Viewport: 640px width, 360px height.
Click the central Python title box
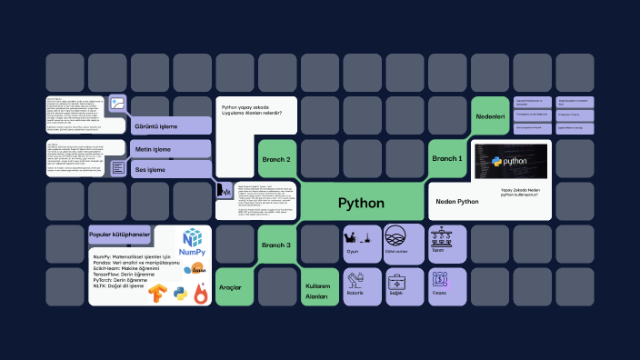[x=361, y=202]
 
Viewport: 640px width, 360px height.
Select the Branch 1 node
[x=447, y=158]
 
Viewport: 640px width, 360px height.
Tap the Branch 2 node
[x=276, y=159]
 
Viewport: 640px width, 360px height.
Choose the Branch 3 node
[x=276, y=245]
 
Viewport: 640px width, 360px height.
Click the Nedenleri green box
[x=490, y=116]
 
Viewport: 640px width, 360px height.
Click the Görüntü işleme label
[x=156, y=126]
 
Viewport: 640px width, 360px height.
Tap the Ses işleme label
[x=151, y=169]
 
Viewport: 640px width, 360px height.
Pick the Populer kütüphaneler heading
[x=119, y=235]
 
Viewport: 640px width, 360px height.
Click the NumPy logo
[x=192, y=242]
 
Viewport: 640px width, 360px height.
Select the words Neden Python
[x=457, y=201]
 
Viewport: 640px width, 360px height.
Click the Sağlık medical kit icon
[x=395, y=281]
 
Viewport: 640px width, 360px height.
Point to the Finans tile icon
[x=440, y=281]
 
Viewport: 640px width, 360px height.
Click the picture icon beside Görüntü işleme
[x=117, y=104]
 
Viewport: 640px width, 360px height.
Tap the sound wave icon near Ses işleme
[x=224, y=191]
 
